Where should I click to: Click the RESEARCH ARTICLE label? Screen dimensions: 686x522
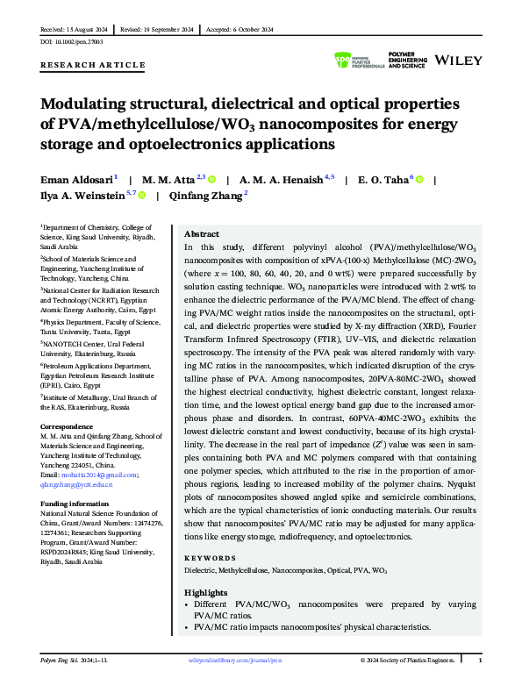tap(93, 65)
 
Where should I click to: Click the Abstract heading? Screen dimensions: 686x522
tap(202, 234)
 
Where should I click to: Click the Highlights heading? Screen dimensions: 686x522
tap(206, 593)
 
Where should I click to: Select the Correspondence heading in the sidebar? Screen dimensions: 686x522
tap(68, 426)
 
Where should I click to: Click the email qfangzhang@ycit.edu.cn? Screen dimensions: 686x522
tap(76, 484)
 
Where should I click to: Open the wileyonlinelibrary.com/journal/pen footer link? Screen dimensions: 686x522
tap(236, 660)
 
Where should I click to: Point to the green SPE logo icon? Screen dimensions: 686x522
tap(343, 60)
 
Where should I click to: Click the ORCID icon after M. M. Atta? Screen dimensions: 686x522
tap(211, 179)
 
